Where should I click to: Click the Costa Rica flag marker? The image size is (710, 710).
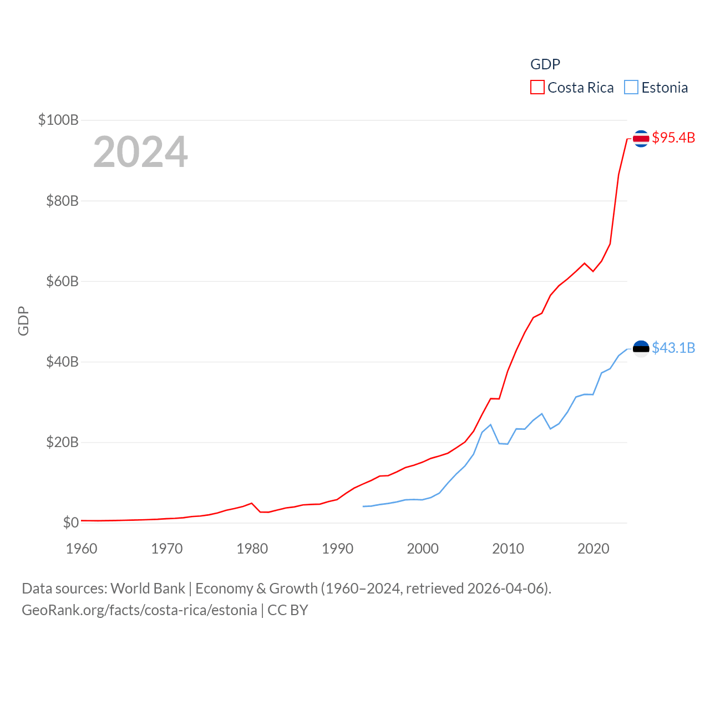(x=641, y=138)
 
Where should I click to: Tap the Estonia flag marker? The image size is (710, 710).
(x=641, y=348)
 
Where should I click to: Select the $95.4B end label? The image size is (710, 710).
(x=673, y=138)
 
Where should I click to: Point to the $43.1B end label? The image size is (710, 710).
(x=673, y=348)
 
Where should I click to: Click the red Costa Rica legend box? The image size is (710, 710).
(x=537, y=88)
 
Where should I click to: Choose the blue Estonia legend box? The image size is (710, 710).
(x=631, y=88)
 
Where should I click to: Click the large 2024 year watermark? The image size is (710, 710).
(x=140, y=152)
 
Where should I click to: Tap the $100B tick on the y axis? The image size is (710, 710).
(x=58, y=120)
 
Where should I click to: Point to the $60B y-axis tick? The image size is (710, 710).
(x=62, y=281)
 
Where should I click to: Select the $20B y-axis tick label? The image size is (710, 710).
(x=62, y=443)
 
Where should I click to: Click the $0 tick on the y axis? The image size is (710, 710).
(x=70, y=523)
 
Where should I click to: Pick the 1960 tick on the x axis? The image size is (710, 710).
(x=82, y=549)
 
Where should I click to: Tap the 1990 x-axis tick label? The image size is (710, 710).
(x=337, y=549)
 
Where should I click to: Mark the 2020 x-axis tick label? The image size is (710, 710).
(x=593, y=549)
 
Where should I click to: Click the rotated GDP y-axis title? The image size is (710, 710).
(x=23, y=321)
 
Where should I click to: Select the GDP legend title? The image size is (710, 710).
(x=545, y=64)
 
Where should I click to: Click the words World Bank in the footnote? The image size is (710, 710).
(x=148, y=589)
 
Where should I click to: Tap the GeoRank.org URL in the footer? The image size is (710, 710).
(x=139, y=610)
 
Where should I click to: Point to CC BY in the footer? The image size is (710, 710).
(x=287, y=610)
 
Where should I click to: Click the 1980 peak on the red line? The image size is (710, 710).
(x=252, y=503)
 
